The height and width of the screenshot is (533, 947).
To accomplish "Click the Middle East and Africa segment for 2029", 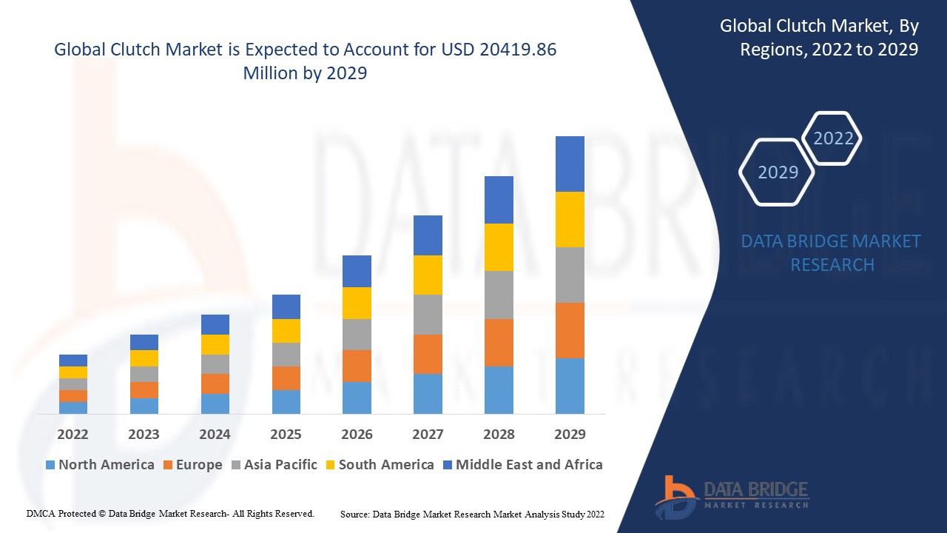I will (x=570, y=164).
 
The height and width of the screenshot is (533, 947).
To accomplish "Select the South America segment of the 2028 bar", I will (x=499, y=247).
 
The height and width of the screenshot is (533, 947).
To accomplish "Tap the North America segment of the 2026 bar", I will (x=357, y=398).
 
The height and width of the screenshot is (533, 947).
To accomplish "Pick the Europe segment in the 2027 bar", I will (x=428, y=354).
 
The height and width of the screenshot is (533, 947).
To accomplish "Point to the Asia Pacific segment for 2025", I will (x=286, y=354).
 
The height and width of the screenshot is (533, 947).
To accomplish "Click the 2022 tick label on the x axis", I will (x=73, y=434).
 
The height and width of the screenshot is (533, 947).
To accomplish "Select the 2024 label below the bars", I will (x=215, y=434).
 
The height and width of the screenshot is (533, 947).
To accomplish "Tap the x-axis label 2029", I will (x=570, y=434).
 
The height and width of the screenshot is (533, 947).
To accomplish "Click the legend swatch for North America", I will (x=50, y=465).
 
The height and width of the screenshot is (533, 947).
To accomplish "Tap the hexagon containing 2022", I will (x=833, y=138).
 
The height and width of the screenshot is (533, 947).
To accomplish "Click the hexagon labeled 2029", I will (x=778, y=172).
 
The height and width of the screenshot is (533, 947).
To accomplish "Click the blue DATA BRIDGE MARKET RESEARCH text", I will (x=831, y=252).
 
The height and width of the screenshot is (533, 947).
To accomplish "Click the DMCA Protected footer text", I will (x=170, y=513).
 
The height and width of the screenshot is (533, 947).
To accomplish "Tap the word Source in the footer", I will (x=354, y=513).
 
